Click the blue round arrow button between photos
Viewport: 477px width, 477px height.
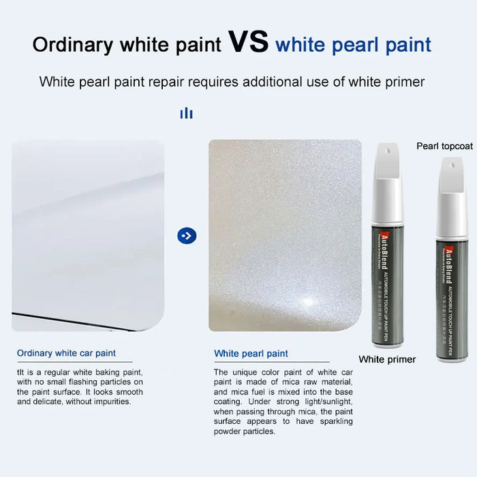[186, 236]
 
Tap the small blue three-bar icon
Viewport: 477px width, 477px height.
[186, 113]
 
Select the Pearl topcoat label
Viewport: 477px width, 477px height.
[444, 146]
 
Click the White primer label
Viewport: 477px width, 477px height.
[387, 359]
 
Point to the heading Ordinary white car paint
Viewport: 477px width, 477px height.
[66, 353]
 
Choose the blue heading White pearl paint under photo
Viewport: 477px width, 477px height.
[251, 354]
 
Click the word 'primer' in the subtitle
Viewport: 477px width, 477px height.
[406, 82]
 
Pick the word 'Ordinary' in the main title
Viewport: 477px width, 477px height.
[72, 45]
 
